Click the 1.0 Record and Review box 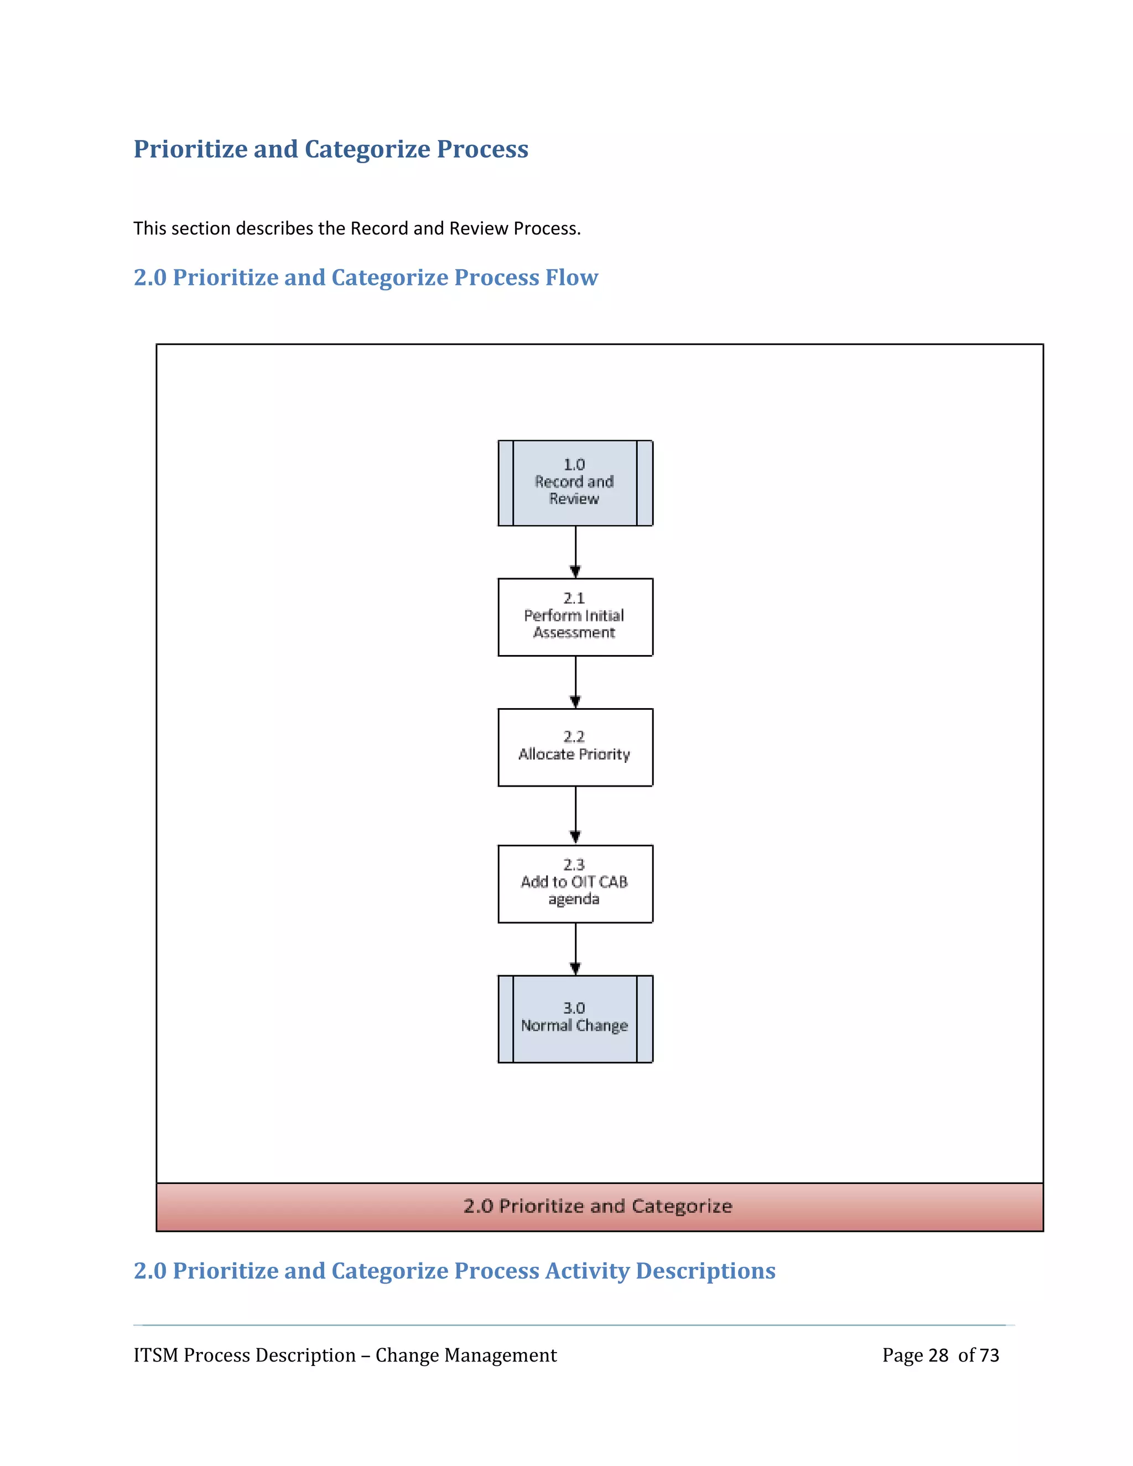click(x=575, y=482)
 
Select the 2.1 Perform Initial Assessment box click(x=575, y=617)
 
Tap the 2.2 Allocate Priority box click(x=575, y=747)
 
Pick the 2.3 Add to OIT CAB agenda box click(x=575, y=883)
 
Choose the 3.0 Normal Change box click(x=575, y=1018)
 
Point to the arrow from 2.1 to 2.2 click(x=575, y=682)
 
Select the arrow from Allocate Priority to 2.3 click(x=575, y=815)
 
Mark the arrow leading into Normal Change click(x=575, y=948)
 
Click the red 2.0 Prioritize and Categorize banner click(x=599, y=1206)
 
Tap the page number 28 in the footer click(x=938, y=1355)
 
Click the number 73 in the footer click(x=989, y=1355)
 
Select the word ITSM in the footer click(x=155, y=1355)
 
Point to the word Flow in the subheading click(x=571, y=277)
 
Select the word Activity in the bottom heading click(x=586, y=1271)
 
